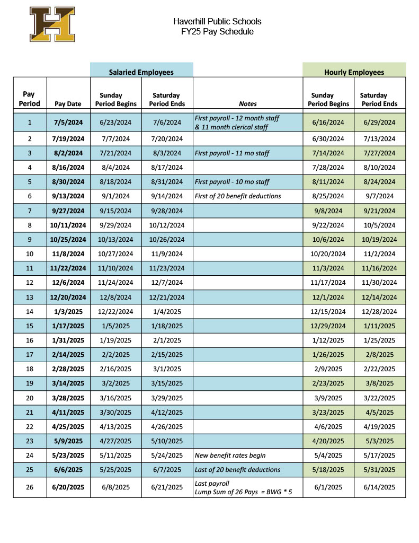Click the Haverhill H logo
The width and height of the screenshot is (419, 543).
(x=52, y=24)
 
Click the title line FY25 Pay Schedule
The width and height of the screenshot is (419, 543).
(x=217, y=32)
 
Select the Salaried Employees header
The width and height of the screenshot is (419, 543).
(x=141, y=72)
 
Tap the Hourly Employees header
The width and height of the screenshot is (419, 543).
(x=354, y=72)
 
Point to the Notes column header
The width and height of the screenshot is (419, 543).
(x=248, y=104)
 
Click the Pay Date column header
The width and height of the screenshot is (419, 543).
(x=68, y=104)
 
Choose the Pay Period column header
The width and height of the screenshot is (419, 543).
(x=30, y=99)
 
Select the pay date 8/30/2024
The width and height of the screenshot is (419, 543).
(x=69, y=182)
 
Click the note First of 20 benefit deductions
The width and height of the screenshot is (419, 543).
(x=238, y=196)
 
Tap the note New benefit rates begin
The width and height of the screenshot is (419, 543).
(x=230, y=455)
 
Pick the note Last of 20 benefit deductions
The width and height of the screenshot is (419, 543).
(x=237, y=469)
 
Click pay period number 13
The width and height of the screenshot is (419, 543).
(x=30, y=297)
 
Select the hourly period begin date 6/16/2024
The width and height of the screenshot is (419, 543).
(x=328, y=122)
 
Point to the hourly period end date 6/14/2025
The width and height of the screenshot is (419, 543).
(x=379, y=487)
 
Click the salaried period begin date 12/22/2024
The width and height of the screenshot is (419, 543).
(x=116, y=311)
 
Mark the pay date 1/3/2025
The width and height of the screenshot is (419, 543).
(x=69, y=311)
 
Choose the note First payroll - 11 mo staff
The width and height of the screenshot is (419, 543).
(x=232, y=153)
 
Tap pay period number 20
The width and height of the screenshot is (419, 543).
(x=30, y=398)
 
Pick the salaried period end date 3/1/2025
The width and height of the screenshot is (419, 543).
(x=167, y=369)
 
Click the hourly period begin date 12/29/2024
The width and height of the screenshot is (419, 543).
(x=328, y=326)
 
